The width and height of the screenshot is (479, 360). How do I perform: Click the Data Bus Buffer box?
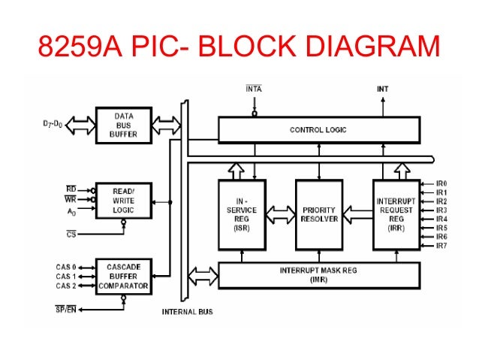pos(124,126)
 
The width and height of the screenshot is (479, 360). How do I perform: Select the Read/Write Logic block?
pos(124,200)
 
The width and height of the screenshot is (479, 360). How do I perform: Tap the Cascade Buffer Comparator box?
pos(124,276)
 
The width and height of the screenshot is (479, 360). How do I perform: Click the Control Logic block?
pos(318,129)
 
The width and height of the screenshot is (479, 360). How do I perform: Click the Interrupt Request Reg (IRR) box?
pos(396,214)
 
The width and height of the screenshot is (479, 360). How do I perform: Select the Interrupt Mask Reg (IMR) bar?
pos(318,274)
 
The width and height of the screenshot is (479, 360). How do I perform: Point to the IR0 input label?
pos(441,183)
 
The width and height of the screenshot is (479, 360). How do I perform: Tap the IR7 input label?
pos(441,245)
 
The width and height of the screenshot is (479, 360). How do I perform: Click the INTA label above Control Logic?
pos(254,89)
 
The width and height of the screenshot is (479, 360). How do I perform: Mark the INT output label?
pos(382,89)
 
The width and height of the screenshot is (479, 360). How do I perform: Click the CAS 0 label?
pos(67,267)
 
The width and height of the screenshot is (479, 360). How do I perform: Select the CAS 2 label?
pos(67,286)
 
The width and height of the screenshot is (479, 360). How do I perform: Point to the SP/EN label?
pos(65,310)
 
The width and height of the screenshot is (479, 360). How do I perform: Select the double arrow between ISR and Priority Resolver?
pos(280,216)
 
